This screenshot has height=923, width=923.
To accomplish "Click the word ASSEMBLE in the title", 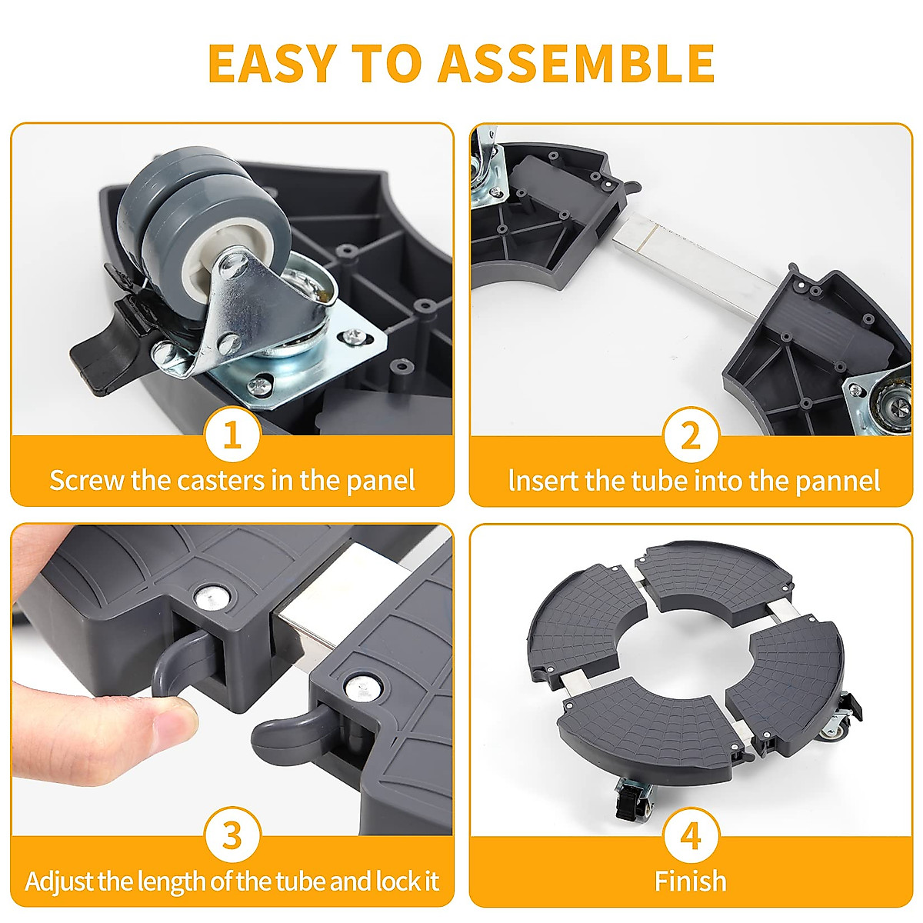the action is pos(576,64).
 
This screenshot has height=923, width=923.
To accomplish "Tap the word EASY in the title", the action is pos(271,64).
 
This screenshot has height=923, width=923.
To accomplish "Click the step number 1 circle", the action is pos(232,435).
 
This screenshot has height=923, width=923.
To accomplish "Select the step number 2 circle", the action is pos(691,435).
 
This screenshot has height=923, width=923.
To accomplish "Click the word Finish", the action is pos(690,881).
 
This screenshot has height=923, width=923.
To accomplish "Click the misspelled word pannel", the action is pos(838,481).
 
